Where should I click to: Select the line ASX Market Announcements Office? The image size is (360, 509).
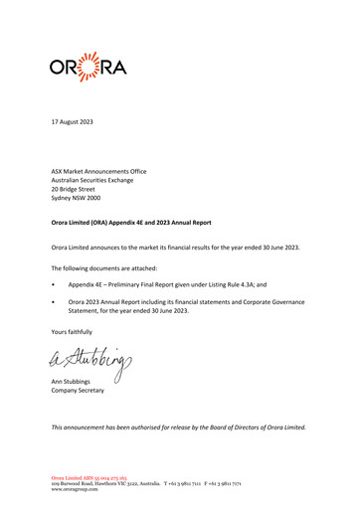(x=99, y=172)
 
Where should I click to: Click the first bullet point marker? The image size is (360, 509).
(x=57, y=297)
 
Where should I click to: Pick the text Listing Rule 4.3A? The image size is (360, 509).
(x=229, y=297)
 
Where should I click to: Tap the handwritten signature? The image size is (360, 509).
(x=99, y=385)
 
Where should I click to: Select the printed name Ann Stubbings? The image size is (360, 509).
(x=79, y=410)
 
